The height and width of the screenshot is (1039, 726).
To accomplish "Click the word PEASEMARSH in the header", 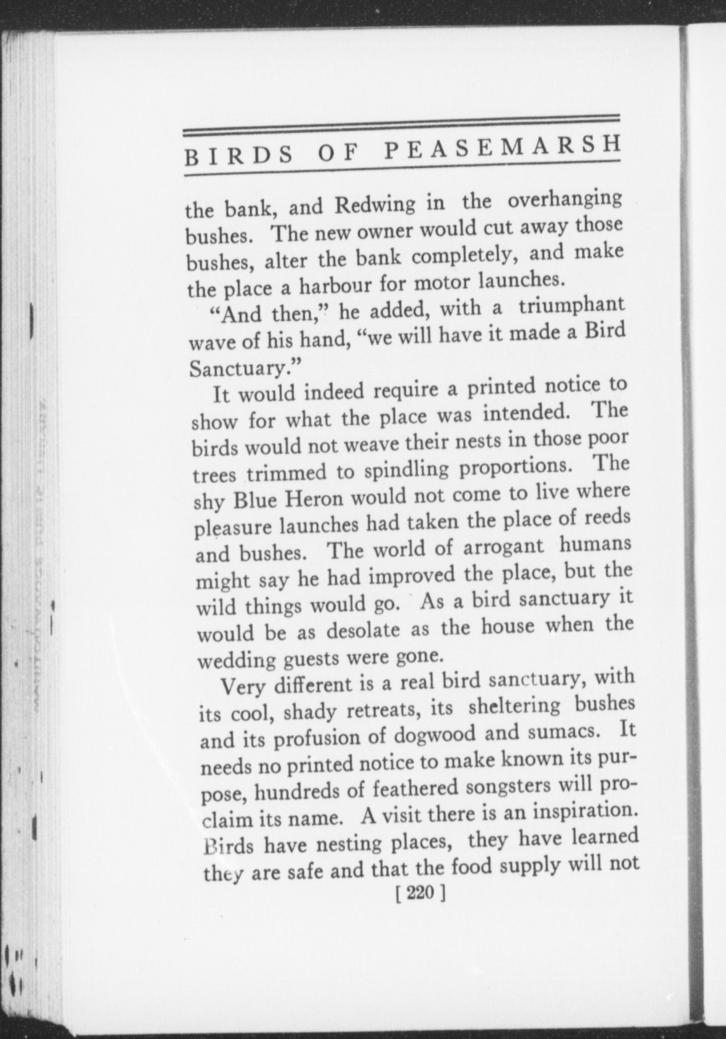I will click(502, 147).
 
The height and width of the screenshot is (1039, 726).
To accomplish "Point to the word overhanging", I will click(566, 200).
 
